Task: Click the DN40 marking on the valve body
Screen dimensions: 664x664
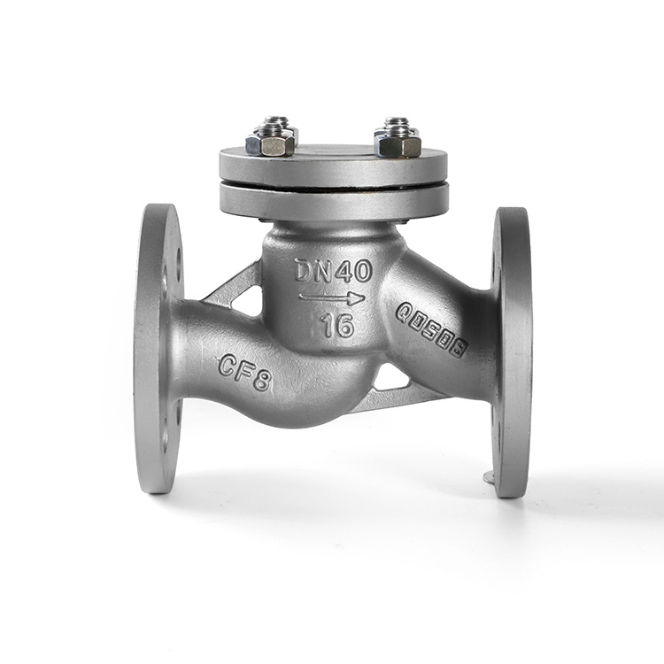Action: (334, 271)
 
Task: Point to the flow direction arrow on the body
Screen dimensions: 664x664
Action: (332, 298)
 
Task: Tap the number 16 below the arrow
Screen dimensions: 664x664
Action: (336, 326)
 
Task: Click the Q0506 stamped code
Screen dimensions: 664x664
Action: (431, 330)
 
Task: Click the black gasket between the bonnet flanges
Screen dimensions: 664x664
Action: (334, 185)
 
